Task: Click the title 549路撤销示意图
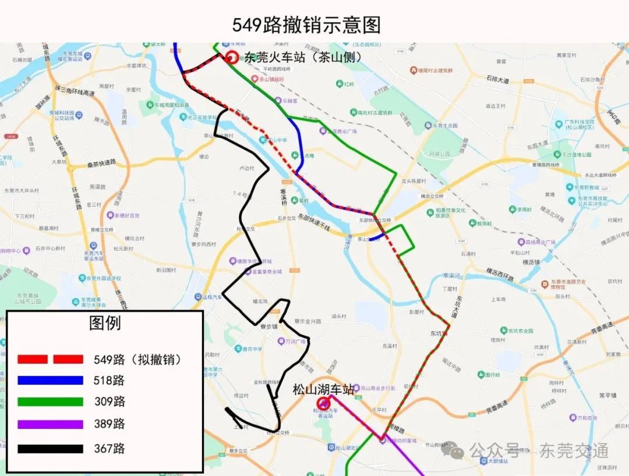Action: [x=306, y=25]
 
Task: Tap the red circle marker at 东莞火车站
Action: [x=232, y=57]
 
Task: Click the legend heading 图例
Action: [x=105, y=324]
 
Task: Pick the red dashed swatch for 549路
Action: [x=50, y=359]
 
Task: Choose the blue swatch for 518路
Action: [x=50, y=381]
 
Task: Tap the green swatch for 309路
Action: [x=50, y=402]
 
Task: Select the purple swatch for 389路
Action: [x=50, y=424]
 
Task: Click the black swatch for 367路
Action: [x=50, y=449]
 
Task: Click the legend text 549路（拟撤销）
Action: [x=138, y=359]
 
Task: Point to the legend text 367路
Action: [x=109, y=449]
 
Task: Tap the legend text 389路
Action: [x=109, y=424]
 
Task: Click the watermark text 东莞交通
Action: [x=574, y=450]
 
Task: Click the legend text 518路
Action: [x=109, y=381]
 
